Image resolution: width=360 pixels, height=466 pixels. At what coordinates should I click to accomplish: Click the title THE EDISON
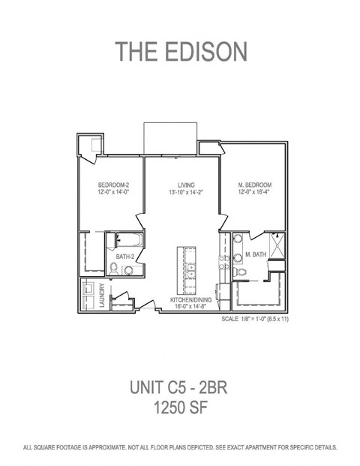tap(181, 52)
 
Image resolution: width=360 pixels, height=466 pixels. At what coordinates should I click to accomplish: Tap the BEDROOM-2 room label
tap(113, 185)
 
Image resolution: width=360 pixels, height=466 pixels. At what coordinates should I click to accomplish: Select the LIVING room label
tap(186, 185)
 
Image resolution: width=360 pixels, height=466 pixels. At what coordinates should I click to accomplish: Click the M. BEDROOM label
tap(254, 185)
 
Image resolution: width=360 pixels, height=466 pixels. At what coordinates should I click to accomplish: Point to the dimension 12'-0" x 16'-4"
tap(254, 191)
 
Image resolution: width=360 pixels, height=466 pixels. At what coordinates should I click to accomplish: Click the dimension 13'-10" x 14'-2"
tap(186, 192)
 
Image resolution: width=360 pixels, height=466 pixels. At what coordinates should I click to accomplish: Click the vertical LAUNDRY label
tap(103, 295)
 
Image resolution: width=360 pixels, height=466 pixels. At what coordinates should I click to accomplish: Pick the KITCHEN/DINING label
tap(190, 299)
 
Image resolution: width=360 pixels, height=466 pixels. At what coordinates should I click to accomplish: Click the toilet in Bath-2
tap(112, 269)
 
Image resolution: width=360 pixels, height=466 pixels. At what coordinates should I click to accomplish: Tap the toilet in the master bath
tap(240, 272)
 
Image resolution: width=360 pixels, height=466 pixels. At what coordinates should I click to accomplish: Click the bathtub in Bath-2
tap(130, 240)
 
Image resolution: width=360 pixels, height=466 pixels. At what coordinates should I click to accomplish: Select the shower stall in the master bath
tap(277, 246)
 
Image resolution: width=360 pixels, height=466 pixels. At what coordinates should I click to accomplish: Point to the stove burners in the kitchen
tap(224, 263)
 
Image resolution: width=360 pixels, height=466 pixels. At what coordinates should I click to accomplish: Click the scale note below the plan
tap(255, 319)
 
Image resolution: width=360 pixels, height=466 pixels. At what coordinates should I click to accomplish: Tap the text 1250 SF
tap(180, 407)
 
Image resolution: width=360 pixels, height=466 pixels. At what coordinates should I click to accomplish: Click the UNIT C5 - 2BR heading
tap(178, 387)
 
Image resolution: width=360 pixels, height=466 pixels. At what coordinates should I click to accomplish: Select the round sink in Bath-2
tap(128, 270)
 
